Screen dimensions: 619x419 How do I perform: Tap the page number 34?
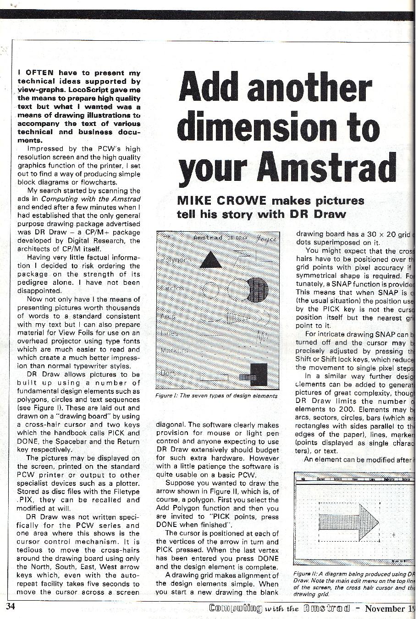pos(11,607)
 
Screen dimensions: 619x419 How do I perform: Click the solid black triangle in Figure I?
pos(211,260)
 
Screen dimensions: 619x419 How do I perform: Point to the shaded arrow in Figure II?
pos(349,520)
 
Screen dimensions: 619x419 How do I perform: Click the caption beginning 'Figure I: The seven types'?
pos(216,396)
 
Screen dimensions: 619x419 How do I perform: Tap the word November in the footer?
pos(391,608)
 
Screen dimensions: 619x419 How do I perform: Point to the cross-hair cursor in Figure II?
pos(393,534)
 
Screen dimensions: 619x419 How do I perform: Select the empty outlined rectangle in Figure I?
pos(214,378)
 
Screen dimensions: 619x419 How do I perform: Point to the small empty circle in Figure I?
pos(211,289)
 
